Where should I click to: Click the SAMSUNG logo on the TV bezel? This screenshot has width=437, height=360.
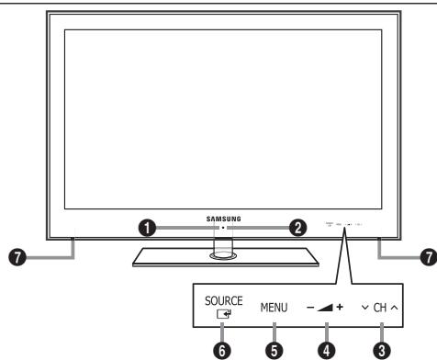[224, 219]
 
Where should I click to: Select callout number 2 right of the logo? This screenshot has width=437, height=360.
[297, 229]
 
